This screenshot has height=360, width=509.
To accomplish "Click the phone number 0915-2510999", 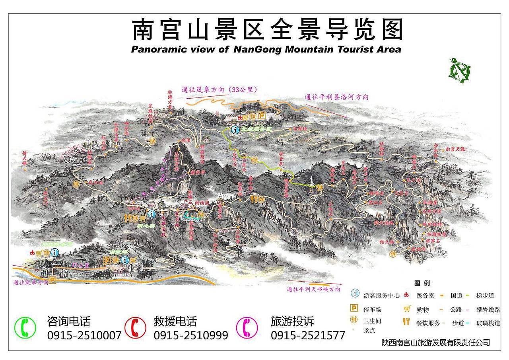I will (191, 335).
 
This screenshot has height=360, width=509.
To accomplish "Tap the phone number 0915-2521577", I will (308, 335).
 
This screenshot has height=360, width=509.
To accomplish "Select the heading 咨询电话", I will (69, 321).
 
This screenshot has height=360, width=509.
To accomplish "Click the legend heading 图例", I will (422, 284).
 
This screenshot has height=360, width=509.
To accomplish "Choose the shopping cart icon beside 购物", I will (407, 308).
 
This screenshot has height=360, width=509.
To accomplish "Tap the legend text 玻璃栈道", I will (488, 323).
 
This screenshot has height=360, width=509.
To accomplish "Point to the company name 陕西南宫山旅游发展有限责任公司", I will (435, 342).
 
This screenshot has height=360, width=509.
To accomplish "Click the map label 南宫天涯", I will (455, 149).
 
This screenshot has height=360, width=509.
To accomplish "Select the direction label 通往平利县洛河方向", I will (336, 97).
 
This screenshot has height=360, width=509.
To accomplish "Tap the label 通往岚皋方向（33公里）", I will (219, 90).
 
